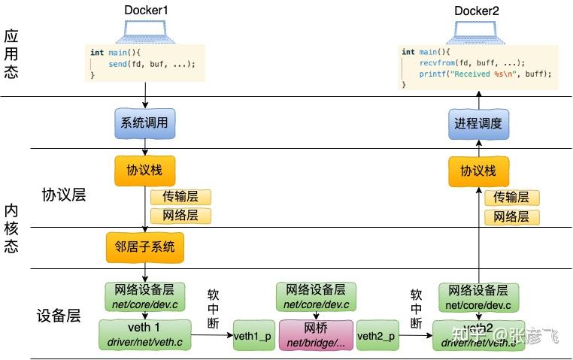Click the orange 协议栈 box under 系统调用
pyautogui.click(x=144, y=171)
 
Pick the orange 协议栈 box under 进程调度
pyautogui.click(x=477, y=171)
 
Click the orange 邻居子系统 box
pyautogui.click(x=144, y=247)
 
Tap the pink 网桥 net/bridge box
pyautogui.click(x=316, y=335)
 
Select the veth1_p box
pyautogui.click(x=253, y=335)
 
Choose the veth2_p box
pyautogui.click(x=377, y=335)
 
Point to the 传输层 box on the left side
pyautogui.click(x=180, y=198)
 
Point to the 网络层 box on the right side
pyautogui.click(x=511, y=217)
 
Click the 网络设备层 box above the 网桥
pyautogui.click(x=316, y=296)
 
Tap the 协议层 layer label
pyautogui.click(x=65, y=195)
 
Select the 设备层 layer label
pyautogui.click(x=59, y=316)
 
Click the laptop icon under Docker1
pyautogui.click(x=144, y=31)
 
